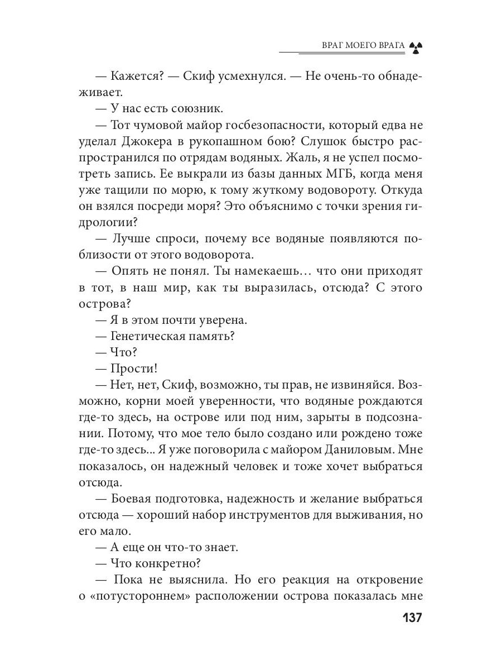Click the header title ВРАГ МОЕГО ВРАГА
pyautogui.click(x=363, y=46)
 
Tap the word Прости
pyautogui.click(x=134, y=368)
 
